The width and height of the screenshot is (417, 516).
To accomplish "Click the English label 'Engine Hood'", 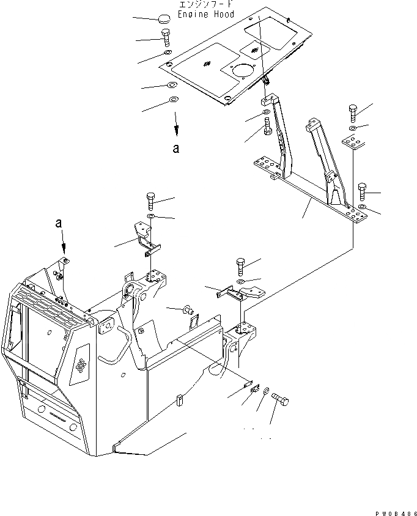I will pos(202,15).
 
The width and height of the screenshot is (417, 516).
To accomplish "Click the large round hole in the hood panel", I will pos(242,71).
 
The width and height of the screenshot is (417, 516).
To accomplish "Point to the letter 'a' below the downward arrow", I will pos(175,148).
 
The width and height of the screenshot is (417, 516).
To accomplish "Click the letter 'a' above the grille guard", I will pos(59,224).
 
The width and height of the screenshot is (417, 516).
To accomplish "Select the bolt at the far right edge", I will pos(363,191).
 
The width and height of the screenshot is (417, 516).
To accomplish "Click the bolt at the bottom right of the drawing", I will pos(282,400).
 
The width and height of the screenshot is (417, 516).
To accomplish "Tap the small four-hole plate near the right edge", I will pos(353,143).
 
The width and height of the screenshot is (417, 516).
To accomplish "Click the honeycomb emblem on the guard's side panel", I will pos(80,365).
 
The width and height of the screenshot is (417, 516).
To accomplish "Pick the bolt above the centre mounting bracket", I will pos(240,267).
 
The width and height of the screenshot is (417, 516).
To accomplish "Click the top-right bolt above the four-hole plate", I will pos(354,113).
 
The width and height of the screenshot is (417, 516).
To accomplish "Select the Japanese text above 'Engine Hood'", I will pos(202,4).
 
